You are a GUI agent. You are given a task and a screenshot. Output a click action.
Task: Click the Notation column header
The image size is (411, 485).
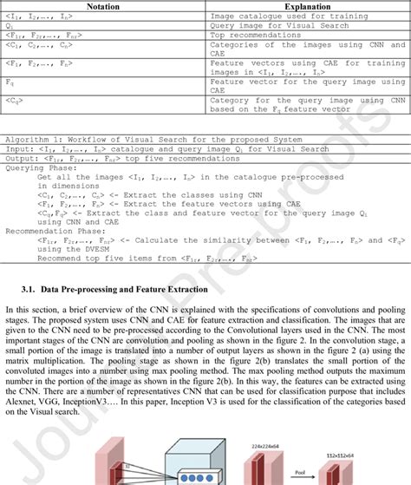(103, 5)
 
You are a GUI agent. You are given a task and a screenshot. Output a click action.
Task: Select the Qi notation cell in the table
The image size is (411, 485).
(10, 26)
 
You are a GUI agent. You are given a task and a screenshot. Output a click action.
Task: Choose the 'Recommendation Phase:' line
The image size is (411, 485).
(53, 231)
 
